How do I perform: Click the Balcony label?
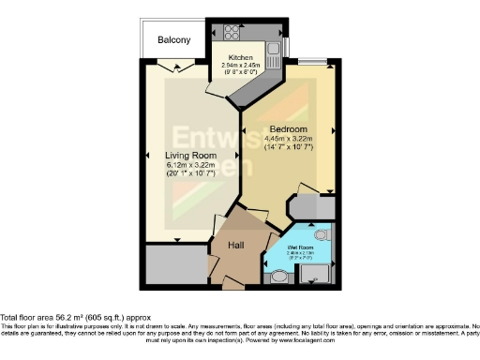[x=173, y=40]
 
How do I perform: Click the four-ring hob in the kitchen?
[x=230, y=32]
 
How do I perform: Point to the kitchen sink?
[x=274, y=49]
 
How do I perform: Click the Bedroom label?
[x=289, y=128]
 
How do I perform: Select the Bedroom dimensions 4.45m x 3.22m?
[x=289, y=138]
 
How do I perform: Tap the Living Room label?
[x=191, y=155]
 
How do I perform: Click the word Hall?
[x=237, y=247]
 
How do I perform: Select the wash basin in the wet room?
[x=278, y=277]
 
